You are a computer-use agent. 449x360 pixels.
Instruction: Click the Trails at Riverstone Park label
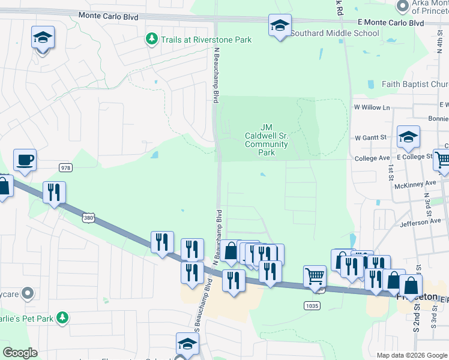pyautogui.click(x=205, y=40)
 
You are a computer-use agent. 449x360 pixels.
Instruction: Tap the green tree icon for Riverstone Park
pyautogui.click(x=151, y=40)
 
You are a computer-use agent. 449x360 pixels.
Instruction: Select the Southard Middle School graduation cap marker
pyautogui.click(x=280, y=26)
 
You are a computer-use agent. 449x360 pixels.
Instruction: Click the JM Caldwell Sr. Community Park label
pyautogui.click(x=267, y=140)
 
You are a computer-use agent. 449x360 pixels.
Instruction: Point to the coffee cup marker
pyautogui.click(x=25, y=160)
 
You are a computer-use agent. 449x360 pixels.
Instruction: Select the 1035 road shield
pyautogui.click(x=312, y=305)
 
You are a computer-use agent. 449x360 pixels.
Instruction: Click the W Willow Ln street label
pyautogui.click(x=372, y=107)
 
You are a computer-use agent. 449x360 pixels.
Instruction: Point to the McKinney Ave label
pyautogui.click(x=415, y=184)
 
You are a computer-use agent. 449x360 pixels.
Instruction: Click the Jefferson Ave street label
pyautogui.click(x=420, y=222)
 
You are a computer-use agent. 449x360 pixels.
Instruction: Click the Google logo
pyautogui.click(x=20, y=353)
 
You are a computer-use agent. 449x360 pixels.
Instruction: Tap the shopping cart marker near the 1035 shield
pyautogui.click(x=315, y=277)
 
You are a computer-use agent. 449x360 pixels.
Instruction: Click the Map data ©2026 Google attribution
pyautogui.click(x=412, y=355)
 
